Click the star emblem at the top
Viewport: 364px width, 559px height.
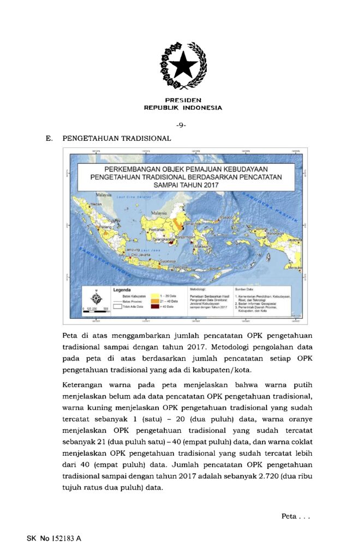coord(183,66)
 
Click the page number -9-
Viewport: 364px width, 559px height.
coord(182,125)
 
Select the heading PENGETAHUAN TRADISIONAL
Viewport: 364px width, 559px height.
coord(117,139)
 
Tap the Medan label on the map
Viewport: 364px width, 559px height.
coord(96,204)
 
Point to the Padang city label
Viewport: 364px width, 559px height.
coord(105,227)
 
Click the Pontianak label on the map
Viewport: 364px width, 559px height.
coord(157,230)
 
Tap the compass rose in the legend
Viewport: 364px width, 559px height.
coord(96,298)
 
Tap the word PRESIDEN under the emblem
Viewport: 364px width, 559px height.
coord(183,100)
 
